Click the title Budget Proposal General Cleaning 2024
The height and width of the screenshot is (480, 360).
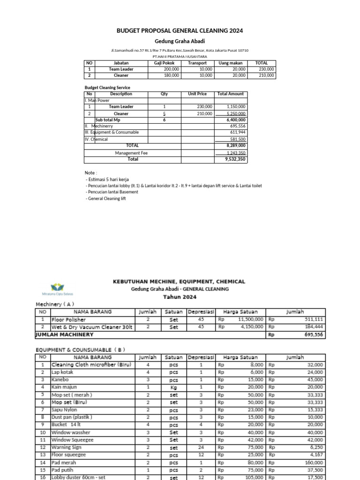pos(180,31)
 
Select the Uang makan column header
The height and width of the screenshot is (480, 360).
pos(229,63)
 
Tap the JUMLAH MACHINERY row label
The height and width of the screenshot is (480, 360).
pos(65,335)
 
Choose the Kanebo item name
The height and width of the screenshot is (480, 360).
pos(59,379)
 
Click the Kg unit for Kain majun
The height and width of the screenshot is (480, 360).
pos(174,387)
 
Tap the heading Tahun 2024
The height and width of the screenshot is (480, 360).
pos(180,297)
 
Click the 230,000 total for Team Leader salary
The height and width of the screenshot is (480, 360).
pos(266,69)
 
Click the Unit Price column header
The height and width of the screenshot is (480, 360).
pos(197,94)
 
